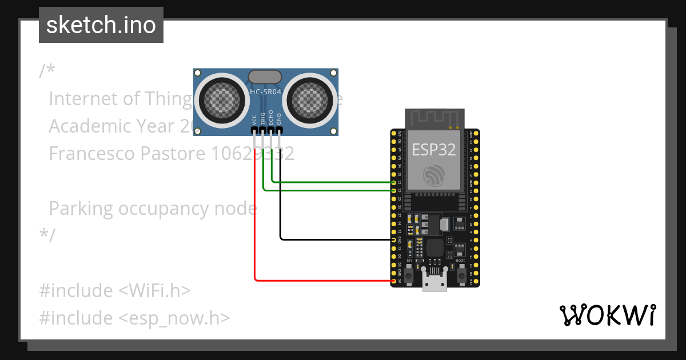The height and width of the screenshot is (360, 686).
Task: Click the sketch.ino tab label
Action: [x=101, y=25]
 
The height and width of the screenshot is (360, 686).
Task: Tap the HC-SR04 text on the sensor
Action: [x=266, y=91]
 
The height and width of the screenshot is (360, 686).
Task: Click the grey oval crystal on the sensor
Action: [x=265, y=77]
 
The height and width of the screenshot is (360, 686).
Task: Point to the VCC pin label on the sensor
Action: [x=254, y=119]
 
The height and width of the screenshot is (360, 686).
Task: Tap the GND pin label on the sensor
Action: [x=280, y=119]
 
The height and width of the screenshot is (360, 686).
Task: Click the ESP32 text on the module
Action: [x=434, y=150]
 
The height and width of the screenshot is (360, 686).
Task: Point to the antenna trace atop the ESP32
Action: [x=434, y=118]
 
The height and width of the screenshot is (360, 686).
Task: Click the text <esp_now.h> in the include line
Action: [x=174, y=318]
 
